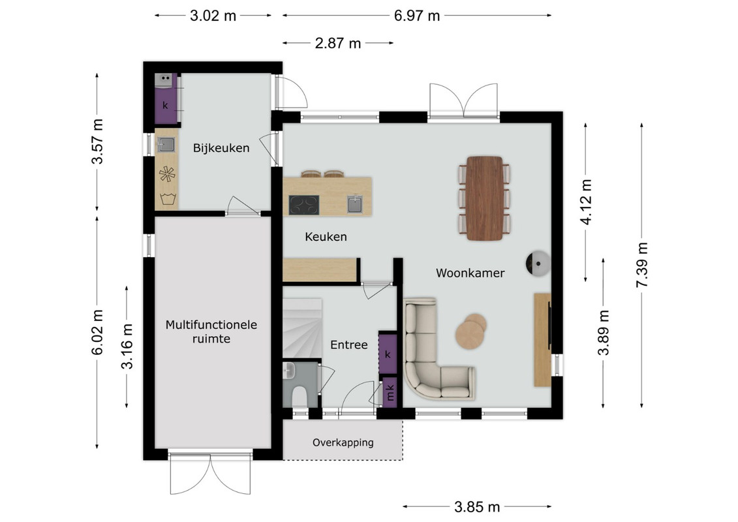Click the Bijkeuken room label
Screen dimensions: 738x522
(x=221, y=148)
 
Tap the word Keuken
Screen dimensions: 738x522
(x=326, y=237)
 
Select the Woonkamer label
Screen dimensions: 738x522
(x=470, y=273)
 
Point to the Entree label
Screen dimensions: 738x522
(x=348, y=345)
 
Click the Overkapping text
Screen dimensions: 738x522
(x=343, y=442)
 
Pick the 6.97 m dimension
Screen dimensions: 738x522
(x=417, y=16)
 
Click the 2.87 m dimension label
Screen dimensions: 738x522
(x=338, y=43)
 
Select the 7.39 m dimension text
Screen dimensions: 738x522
(x=642, y=265)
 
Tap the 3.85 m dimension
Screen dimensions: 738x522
(x=477, y=507)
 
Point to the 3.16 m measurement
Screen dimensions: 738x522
(x=127, y=346)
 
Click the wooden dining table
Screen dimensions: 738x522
(x=484, y=198)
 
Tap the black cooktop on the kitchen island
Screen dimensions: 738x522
(x=304, y=206)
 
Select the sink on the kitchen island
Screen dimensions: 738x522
(x=355, y=204)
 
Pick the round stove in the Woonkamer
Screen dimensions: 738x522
(x=538, y=263)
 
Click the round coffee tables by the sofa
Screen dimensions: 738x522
(x=471, y=331)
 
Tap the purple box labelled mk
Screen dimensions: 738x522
(x=390, y=392)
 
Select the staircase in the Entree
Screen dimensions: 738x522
(x=302, y=328)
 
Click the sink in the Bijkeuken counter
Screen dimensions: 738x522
(x=166, y=144)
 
